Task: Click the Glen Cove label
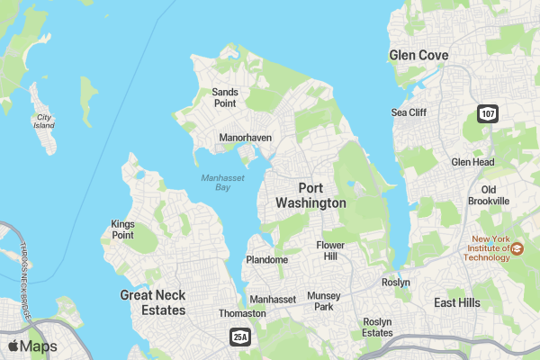pos(418,56)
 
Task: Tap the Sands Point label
pos(224,97)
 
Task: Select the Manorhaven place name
pos(245,139)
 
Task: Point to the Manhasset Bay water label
pos(216,182)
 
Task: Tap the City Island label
pos(43,121)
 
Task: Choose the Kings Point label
pos(122,229)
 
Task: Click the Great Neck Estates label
pos(153,302)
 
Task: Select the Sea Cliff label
pos(409,112)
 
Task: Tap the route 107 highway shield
pos(487,113)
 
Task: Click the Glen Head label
pos(472,162)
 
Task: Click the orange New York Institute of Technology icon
pos(518,249)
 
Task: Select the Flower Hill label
pos(330,250)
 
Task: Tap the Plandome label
pos(266,260)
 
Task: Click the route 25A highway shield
pos(238,337)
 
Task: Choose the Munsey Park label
pos(324,301)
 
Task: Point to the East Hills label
pos(456,303)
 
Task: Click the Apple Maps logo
pos(32,346)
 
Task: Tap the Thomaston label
pos(243,313)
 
